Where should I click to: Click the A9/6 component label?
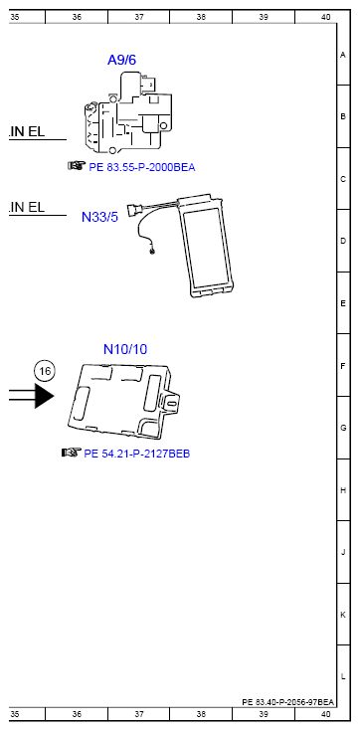click(121, 60)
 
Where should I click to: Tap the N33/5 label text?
click(99, 217)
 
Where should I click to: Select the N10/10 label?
click(125, 349)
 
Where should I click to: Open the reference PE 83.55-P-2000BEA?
click(142, 167)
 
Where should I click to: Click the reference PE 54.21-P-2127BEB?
click(136, 454)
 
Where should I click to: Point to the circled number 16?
click(45, 371)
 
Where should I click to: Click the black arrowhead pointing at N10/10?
click(45, 396)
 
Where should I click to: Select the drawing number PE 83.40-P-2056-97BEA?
click(287, 701)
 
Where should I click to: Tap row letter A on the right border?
click(343, 55)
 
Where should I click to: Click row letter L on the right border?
click(343, 676)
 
